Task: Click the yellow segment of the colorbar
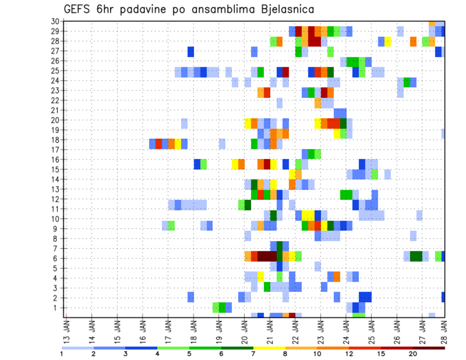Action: pyautogui.click(x=269, y=348)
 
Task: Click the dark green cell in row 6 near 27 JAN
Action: pyautogui.click(x=416, y=256)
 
